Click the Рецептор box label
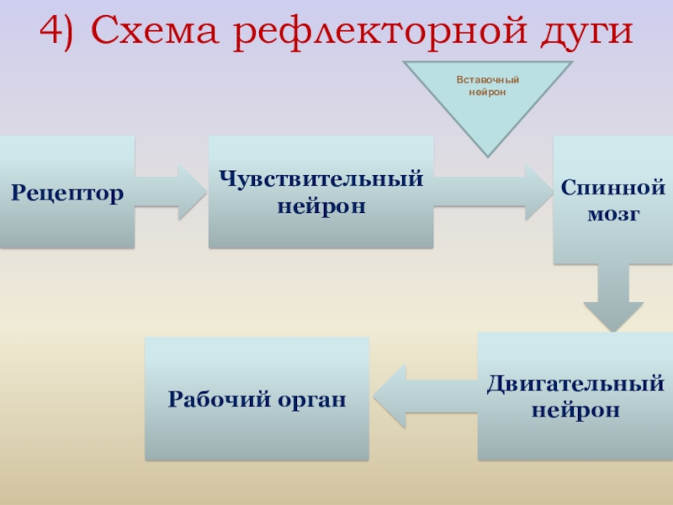pos(67,193)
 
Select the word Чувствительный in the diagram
pos(321,179)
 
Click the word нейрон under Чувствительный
pos(321,205)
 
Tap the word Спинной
pos(613,188)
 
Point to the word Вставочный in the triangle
pos(488,80)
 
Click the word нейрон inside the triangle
pos(488,92)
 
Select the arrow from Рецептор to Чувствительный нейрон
pos(172,192)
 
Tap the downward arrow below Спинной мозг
pos(612,299)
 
